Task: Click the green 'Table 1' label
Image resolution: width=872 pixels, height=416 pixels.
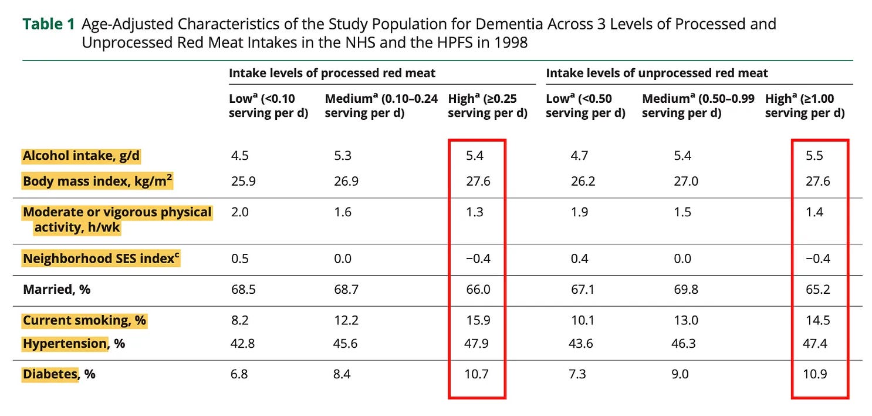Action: tap(49, 24)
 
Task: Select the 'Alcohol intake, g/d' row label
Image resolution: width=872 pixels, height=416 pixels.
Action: tap(81, 156)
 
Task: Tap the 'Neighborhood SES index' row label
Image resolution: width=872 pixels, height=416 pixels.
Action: tap(101, 259)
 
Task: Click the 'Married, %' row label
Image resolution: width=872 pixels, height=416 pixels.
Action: tap(57, 289)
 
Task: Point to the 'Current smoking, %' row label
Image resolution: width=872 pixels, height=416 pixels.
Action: tap(85, 320)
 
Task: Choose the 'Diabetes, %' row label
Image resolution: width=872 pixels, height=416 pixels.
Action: tap(59, 374)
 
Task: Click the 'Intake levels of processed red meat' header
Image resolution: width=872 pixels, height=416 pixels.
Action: tap(332, 73)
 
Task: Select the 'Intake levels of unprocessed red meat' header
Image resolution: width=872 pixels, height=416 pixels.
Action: tap(657, 73)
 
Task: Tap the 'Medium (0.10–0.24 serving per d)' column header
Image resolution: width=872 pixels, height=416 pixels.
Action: tap(381, 106)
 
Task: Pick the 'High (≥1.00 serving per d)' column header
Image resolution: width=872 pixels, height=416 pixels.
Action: tap(805, 106)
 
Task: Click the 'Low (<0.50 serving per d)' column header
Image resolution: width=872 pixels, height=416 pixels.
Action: tap(586, 106)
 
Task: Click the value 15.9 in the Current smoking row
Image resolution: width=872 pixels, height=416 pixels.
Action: tap(478, 320)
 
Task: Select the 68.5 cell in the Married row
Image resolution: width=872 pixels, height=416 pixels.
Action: tap(244, 289)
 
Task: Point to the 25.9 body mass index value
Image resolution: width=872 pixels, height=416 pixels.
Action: tap(244, 182)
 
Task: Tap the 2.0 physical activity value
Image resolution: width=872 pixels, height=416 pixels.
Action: tap(240, 212)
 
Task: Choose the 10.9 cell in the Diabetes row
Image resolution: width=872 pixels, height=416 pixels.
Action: tap(814, 374)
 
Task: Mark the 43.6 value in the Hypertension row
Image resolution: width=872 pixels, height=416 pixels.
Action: tap(581, 344)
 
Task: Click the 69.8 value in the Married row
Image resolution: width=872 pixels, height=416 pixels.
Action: tap(686, 289)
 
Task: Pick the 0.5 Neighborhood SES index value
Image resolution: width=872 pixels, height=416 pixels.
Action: tap(240, 259)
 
